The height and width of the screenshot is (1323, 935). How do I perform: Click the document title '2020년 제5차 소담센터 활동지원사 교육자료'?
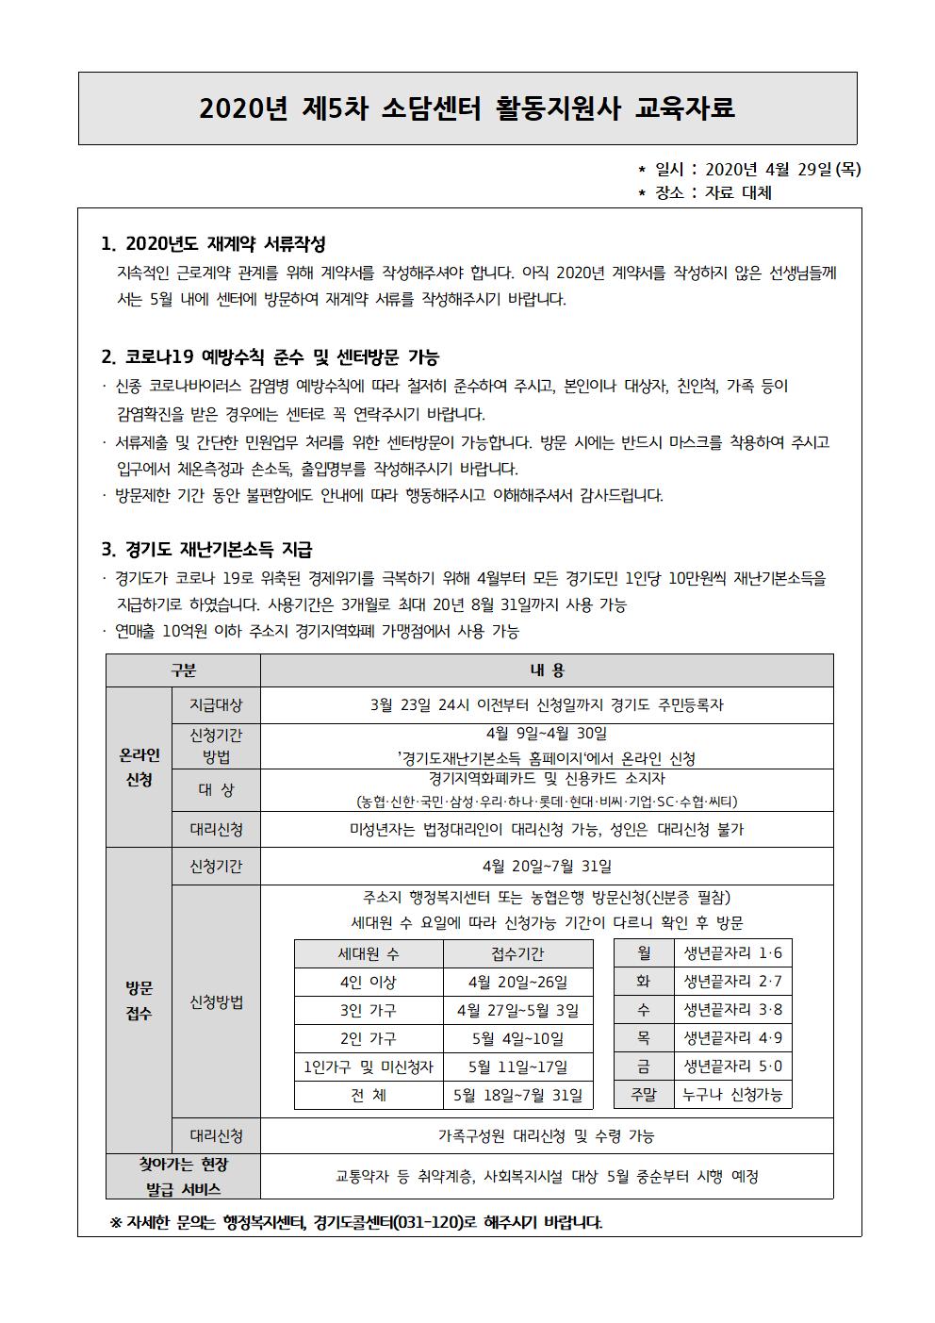[467, 108]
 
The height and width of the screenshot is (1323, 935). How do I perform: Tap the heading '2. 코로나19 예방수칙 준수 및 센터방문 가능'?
[270, 357]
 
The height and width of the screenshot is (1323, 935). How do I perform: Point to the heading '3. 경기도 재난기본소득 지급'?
[206, 549]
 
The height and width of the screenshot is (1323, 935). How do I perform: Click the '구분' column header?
[183, 670]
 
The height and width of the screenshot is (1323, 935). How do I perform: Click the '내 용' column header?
[547, 670]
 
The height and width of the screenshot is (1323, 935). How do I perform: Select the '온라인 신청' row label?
[139, 768]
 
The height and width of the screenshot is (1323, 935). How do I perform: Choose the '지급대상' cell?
[216, 704]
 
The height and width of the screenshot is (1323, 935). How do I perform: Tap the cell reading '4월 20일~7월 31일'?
[547, 866]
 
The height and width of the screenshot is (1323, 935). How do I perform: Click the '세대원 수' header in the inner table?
[369, 953]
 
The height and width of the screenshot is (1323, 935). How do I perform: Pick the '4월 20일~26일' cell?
[517, 982]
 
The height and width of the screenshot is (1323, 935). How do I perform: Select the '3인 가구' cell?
[369, 1010]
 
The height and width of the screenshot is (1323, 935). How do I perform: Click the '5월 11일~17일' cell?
[517, 1067]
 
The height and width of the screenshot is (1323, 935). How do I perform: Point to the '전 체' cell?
[369, 1095]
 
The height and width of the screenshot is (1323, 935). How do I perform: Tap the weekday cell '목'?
[644, 1038]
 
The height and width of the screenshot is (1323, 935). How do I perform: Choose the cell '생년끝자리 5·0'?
[732, 1067]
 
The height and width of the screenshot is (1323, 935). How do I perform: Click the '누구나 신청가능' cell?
[732, 1095]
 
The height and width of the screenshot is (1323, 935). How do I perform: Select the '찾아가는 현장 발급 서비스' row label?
[183, 1176]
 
